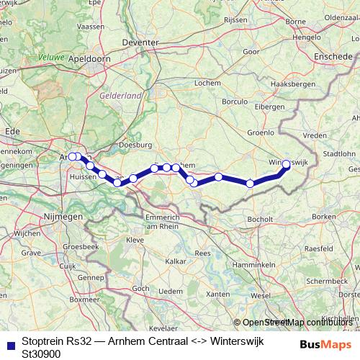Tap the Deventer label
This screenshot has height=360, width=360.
click(141, 43)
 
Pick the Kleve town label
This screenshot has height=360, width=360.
click(135, 239)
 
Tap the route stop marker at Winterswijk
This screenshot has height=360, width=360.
click(286, 164)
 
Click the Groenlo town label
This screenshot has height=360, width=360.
click(259, 132)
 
